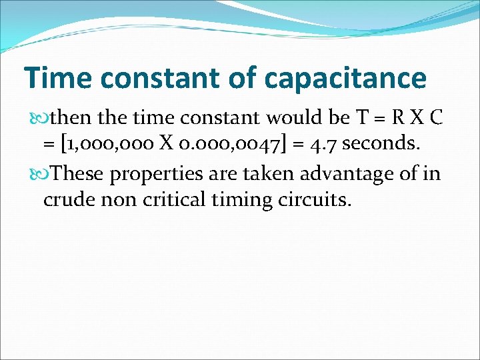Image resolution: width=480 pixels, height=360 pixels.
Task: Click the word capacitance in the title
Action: (345, 78)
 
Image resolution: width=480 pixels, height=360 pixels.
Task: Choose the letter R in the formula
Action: (399, 118)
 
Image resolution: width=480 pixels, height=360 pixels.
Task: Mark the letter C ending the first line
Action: (437, 118)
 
